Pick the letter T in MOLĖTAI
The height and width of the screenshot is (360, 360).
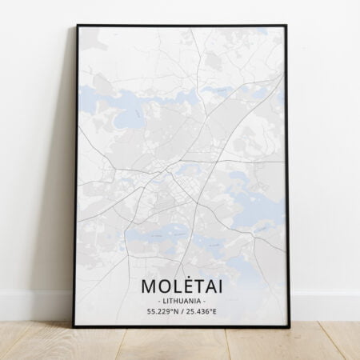pyautogui.click(x=201, y=286)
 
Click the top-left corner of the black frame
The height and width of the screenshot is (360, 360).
pyautogui.click(x=78, y=26)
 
